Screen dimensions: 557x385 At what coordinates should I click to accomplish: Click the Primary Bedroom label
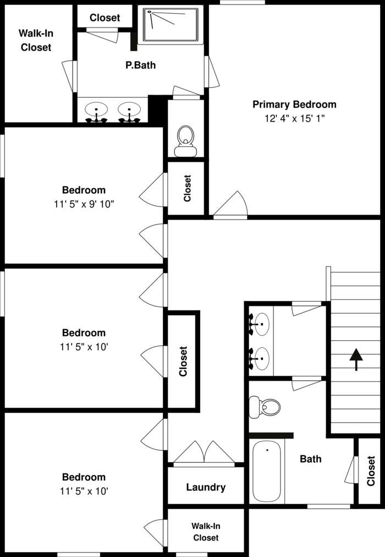click(x=294, y=104)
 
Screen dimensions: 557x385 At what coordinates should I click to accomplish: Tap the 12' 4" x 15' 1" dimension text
click(x=294, y=118)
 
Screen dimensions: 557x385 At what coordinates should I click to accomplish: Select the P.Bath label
click(x=140, y=65)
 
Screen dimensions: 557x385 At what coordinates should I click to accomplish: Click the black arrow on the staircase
click(x=356, y=359)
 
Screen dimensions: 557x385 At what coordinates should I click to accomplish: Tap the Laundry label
click(x=206, y=487)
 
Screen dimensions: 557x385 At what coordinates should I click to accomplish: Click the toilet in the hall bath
click(x=265, y=407)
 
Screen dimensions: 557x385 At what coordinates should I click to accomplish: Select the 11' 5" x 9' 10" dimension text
click(x=84, y=204)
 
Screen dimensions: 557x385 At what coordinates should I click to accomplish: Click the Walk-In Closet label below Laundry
click(x=205, y=532)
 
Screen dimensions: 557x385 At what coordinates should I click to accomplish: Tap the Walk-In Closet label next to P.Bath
click(x=36, y=40)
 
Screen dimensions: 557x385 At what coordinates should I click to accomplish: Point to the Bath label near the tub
click(x=311, y=458)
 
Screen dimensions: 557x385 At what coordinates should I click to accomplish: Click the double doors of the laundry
click(x=205, y=452)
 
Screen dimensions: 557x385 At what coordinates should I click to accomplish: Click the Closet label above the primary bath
click(x=105, y=18)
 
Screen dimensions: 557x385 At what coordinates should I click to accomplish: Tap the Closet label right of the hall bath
click(x=371, y=471)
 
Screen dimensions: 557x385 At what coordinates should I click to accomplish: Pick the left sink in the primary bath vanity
click(x=97, y=111)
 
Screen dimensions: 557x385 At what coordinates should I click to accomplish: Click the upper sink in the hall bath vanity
click(x=260, y=325)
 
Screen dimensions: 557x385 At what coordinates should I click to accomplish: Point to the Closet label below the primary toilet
click(x=187, y=188)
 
